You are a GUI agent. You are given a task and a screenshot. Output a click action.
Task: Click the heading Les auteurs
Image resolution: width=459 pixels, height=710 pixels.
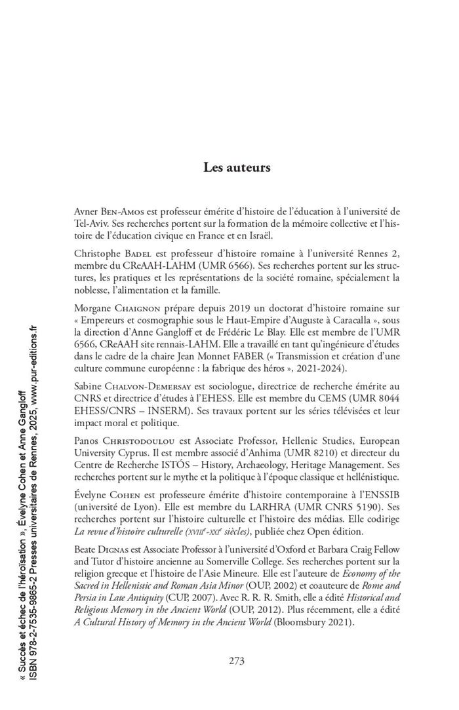237,168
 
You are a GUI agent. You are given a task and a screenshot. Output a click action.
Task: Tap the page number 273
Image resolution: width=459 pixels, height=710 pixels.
237,660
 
